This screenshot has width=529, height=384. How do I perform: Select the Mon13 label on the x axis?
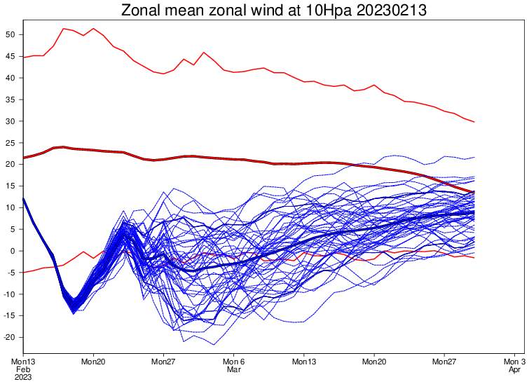23,361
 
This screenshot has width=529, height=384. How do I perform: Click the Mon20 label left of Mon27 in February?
93,361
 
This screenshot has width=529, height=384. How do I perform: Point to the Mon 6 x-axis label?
233,361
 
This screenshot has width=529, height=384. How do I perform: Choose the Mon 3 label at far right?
514,361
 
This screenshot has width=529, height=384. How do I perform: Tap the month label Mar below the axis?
233,369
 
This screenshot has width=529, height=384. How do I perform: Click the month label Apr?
514,369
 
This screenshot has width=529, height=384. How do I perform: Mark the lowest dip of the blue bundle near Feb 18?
74,313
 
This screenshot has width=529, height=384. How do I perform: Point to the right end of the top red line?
474,122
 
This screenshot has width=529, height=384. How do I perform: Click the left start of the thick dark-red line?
24,158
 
